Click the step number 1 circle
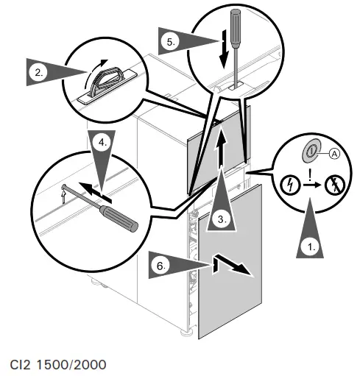[311, 248]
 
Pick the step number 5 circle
[171, 42]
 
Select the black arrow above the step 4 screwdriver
[95, 192]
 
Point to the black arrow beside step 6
[231, 264]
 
